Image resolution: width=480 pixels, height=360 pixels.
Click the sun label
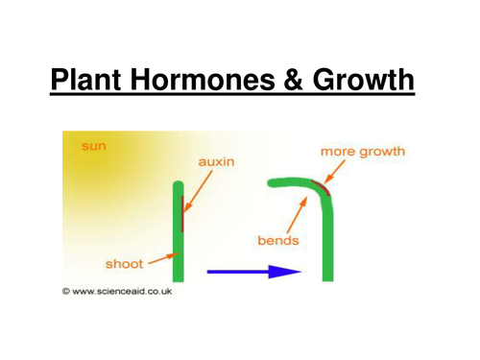coord(93,146)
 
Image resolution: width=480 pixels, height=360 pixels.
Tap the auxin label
coord(217,163)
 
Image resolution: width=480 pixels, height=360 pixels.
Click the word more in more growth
coord(337,152)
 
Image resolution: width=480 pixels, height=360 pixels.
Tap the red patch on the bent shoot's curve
coord(318,186)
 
